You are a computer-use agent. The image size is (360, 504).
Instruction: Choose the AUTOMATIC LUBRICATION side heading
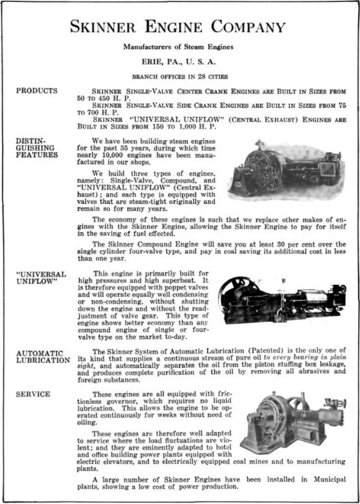(x=42, y=355)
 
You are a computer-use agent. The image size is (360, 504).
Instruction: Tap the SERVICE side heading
(x=32, y=393)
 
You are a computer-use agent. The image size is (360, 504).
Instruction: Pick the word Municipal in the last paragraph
(x=325, y=480)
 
